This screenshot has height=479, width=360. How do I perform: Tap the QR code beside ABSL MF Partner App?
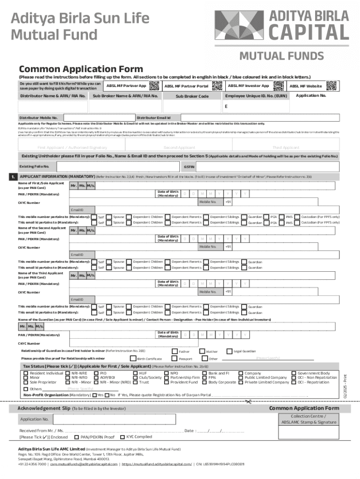tap(153, 85)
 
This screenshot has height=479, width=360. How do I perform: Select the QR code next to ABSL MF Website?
tap(331, 86)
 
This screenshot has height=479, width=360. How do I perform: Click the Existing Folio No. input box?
tap(118, 167)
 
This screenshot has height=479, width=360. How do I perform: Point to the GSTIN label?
tap(189, 167)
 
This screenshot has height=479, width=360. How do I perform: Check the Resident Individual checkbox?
tap(26, 373)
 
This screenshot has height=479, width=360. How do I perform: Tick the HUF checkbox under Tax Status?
tap(136, 373)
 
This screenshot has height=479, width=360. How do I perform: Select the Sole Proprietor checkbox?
tap(26, 383)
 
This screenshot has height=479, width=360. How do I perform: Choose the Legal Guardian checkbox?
tap(230, 351)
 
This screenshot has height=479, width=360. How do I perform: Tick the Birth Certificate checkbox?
tap(133, 359)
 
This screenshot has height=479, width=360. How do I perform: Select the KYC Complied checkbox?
tap(122, 437)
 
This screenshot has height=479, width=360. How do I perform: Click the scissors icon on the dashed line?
tap(248, 401)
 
